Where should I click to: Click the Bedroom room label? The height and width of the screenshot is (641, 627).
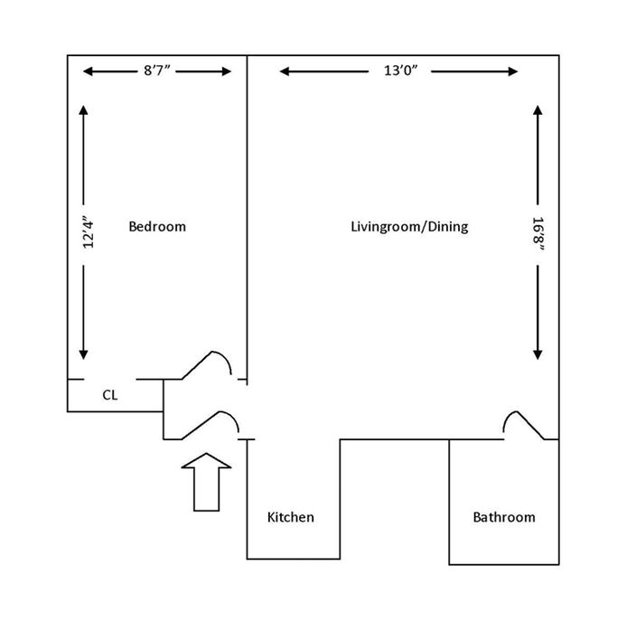[157, 226]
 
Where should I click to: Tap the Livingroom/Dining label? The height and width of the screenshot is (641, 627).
[409, 226]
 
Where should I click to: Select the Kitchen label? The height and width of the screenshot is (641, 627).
[291, 517]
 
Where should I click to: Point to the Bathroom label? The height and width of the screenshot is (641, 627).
[504, 517]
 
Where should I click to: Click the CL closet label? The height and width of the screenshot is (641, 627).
[109, 394]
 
